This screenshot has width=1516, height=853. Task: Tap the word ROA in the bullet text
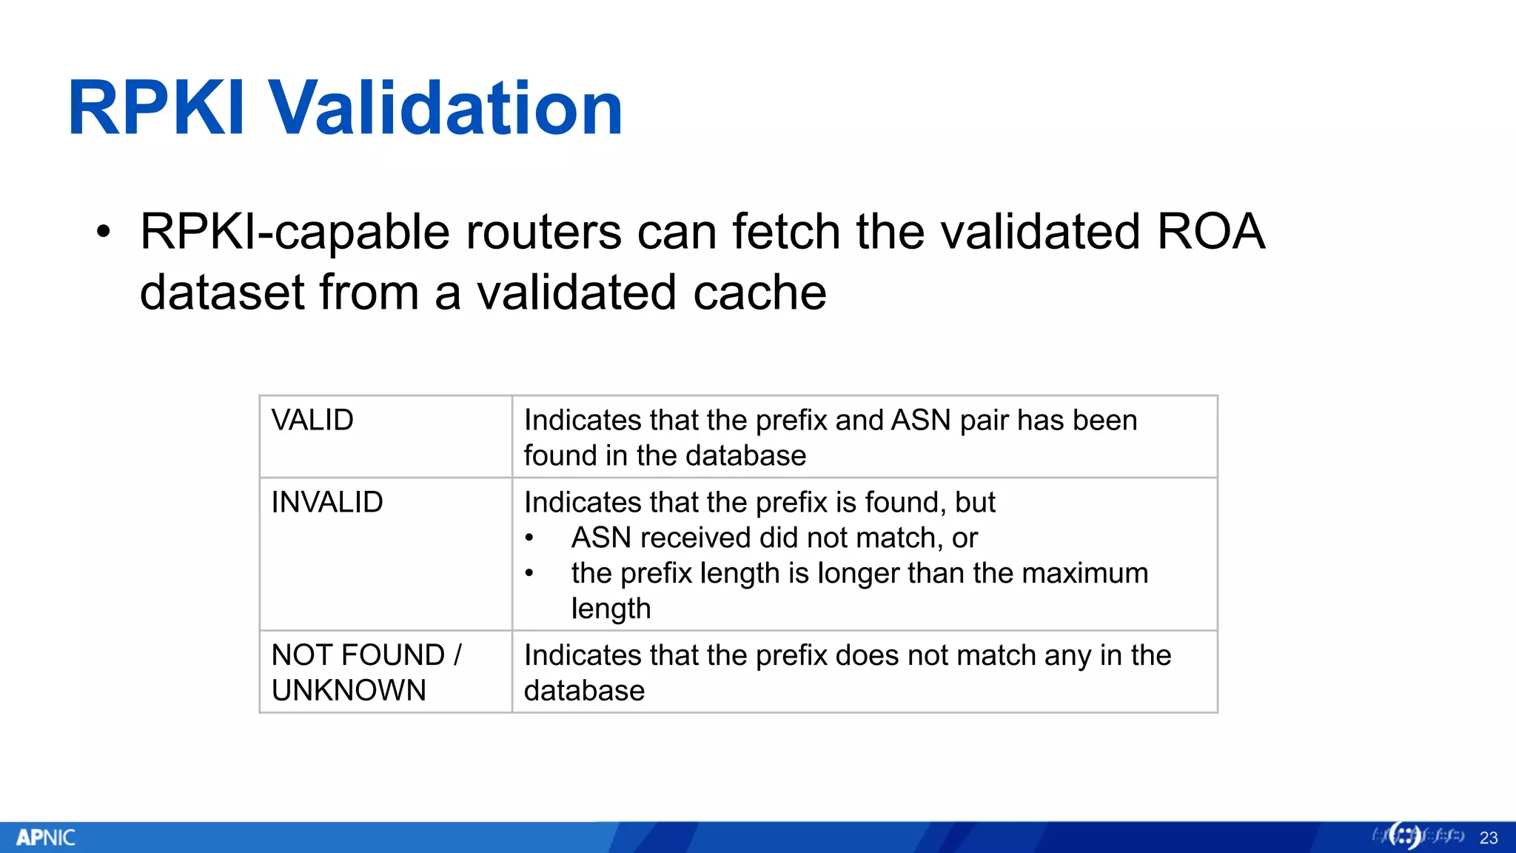(1210, 232)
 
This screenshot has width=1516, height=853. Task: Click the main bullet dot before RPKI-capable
(104, 233)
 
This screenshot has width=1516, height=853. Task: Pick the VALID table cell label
(312, 421)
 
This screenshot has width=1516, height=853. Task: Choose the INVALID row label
(327, 503)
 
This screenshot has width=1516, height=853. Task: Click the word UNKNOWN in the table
(349, 691)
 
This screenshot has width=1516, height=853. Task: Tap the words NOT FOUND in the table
(358, 655)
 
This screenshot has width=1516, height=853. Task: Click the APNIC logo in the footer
(46, 837)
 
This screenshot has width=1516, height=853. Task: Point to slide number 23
(1488, 838)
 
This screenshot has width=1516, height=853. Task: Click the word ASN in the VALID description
(921, 421)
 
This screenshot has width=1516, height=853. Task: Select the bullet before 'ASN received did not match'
(529, 539)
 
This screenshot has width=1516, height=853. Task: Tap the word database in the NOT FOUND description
(584, 691)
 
